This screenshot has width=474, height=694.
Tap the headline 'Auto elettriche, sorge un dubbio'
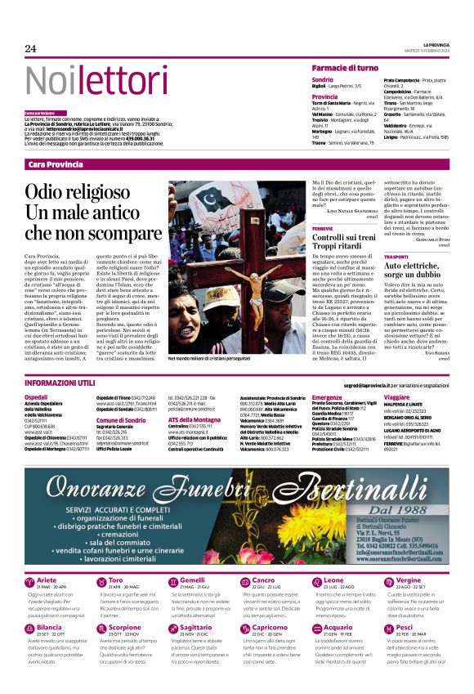point(414,271)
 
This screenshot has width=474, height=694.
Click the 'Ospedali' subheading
point(36,396)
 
